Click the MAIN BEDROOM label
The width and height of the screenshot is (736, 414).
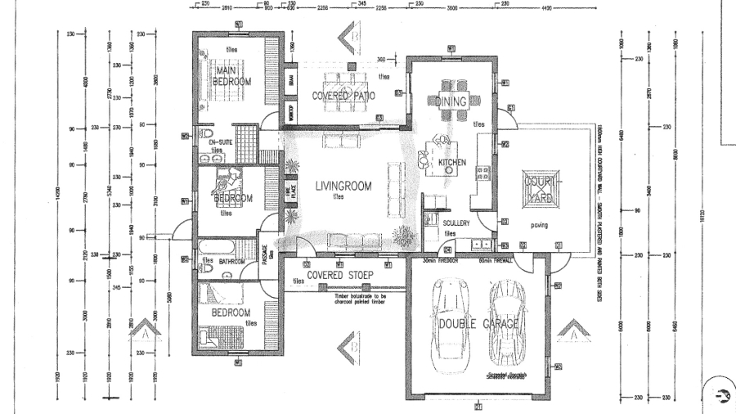231,77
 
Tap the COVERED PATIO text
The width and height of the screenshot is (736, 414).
343,97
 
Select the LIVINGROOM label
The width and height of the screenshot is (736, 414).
343,187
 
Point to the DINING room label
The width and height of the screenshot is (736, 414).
451,102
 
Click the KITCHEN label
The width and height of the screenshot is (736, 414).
452,163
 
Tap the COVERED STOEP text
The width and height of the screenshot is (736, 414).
335,275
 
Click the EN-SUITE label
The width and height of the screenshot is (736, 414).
215,143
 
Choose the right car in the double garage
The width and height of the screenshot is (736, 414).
505,321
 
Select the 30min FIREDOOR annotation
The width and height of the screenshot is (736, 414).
438,260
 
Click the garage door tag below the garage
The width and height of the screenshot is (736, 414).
478,406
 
